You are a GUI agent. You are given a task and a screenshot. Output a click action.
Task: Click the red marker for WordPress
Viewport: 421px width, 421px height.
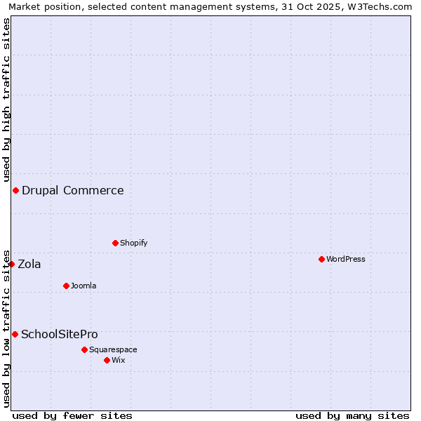tap(321, 259)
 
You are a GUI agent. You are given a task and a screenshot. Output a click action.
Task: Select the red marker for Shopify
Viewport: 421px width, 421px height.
tap(115, 243)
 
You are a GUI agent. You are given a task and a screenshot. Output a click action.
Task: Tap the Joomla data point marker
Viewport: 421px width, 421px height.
tap(66, 286)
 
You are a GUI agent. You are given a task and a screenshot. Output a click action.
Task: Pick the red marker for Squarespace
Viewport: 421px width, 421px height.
tap(84, 349)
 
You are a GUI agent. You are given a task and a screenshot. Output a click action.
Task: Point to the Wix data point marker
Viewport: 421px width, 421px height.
tap(107, 360)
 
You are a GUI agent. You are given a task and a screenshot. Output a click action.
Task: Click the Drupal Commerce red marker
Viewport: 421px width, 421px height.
tap(15, 190)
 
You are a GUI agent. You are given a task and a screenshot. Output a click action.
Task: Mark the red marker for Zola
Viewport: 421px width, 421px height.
tap(11, 264)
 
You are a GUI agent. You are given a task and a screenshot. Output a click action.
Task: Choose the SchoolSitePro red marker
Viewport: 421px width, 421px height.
tap(15, 334)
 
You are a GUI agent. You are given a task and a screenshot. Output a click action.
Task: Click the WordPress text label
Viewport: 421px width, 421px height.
tap(346, 259)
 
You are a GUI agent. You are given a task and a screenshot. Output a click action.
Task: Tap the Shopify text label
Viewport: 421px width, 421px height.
tap(133, 243)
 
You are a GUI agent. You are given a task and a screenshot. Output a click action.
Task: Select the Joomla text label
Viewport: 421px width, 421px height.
tap(83, 286)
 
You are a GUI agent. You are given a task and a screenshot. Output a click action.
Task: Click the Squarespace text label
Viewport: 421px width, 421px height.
tap(113, 349)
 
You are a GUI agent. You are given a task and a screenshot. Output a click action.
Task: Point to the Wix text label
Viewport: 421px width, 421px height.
tap(118, 360)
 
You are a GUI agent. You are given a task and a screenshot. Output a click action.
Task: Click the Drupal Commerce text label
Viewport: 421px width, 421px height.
tap(73, 190)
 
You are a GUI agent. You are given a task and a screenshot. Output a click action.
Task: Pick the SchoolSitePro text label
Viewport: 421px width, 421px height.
tap(60, 334)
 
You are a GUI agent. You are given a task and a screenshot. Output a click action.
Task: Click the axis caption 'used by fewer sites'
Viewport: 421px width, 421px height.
tap(72, 415)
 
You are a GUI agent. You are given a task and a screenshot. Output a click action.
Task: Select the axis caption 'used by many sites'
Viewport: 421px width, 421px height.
tap(352, 415)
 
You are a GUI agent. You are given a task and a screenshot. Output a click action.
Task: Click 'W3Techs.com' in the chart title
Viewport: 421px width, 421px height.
tap(383, 6)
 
